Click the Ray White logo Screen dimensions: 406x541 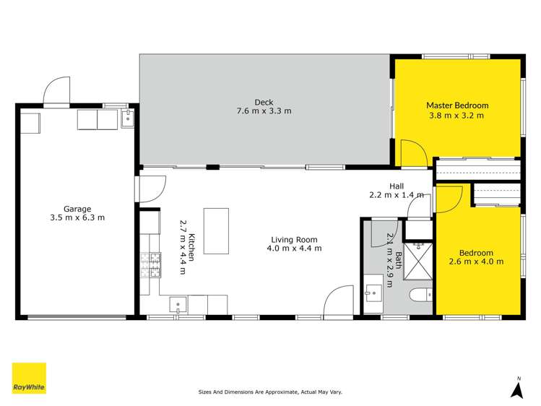pos(29,379)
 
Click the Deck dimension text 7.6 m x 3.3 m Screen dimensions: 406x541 pos(264,111)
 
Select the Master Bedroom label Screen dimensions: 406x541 pos(456,105)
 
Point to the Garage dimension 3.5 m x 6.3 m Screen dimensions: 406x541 pos(77,217)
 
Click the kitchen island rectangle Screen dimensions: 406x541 pos(216,230)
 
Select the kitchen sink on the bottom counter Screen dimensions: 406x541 pos(178,305)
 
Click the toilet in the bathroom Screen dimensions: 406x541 pos(417,296)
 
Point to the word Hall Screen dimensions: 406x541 pos(397,186)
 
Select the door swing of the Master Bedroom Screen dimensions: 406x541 pos(412,152)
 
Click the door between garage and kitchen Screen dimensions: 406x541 pos(149,189)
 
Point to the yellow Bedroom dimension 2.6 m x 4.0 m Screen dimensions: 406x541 pos(476,262)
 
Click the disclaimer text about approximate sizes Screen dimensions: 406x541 pos(270,392)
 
